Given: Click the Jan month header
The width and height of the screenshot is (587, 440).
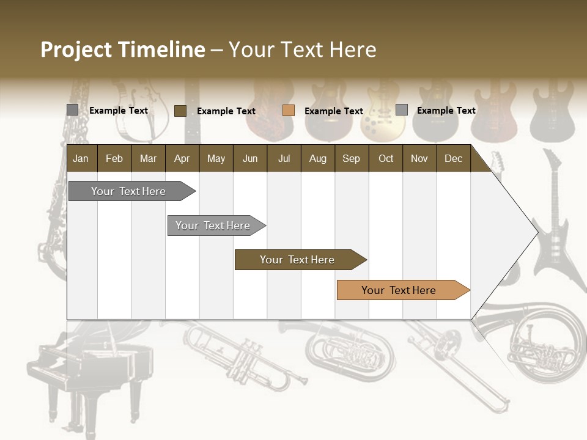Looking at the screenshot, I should (x=81, y=158).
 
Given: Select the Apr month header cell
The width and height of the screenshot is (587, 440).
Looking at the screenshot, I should (x=182, y=158).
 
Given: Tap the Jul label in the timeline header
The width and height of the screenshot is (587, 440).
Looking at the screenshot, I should (x=284, y=158).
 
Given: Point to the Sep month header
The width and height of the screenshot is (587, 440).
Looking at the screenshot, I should (x=351, y=158).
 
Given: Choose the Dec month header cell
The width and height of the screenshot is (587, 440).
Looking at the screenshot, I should (x=453, y=158).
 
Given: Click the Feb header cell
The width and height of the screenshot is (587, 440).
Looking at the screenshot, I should (x=114, y=158).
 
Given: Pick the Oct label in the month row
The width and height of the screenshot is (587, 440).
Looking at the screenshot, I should (x=386, y=158).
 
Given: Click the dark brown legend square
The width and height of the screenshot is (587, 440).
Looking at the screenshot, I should (x=180, y=111).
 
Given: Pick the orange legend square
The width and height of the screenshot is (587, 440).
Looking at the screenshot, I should (x=289, y=111).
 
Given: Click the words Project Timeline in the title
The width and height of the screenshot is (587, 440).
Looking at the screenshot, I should (x=122, y=50).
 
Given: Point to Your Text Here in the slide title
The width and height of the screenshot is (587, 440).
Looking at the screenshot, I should (x=302, y=50).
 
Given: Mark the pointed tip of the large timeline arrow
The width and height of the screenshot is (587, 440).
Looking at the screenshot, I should (x=536, y=232).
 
